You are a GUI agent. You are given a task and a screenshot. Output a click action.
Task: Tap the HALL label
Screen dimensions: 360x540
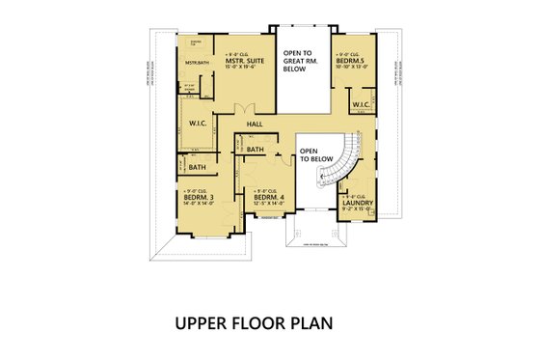(x=255, y=124)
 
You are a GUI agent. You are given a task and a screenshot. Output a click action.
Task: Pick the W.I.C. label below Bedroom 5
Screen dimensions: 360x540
(x=361, y=104)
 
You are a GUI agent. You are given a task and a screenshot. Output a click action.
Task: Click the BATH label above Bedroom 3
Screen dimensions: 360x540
(x=183, y=167)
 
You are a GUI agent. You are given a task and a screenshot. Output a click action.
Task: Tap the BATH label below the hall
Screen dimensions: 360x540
(x=255, y=150)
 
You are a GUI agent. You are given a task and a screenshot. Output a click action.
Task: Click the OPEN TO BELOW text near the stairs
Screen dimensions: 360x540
(x=310, y=154)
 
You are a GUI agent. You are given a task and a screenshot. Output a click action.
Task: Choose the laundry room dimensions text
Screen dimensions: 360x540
(x=357, y=208)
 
